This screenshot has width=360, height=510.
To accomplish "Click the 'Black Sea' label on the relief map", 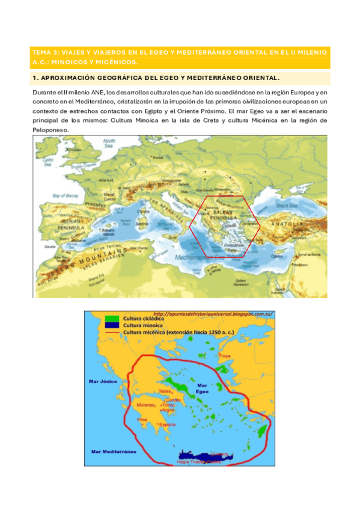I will [x=299, y=206].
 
